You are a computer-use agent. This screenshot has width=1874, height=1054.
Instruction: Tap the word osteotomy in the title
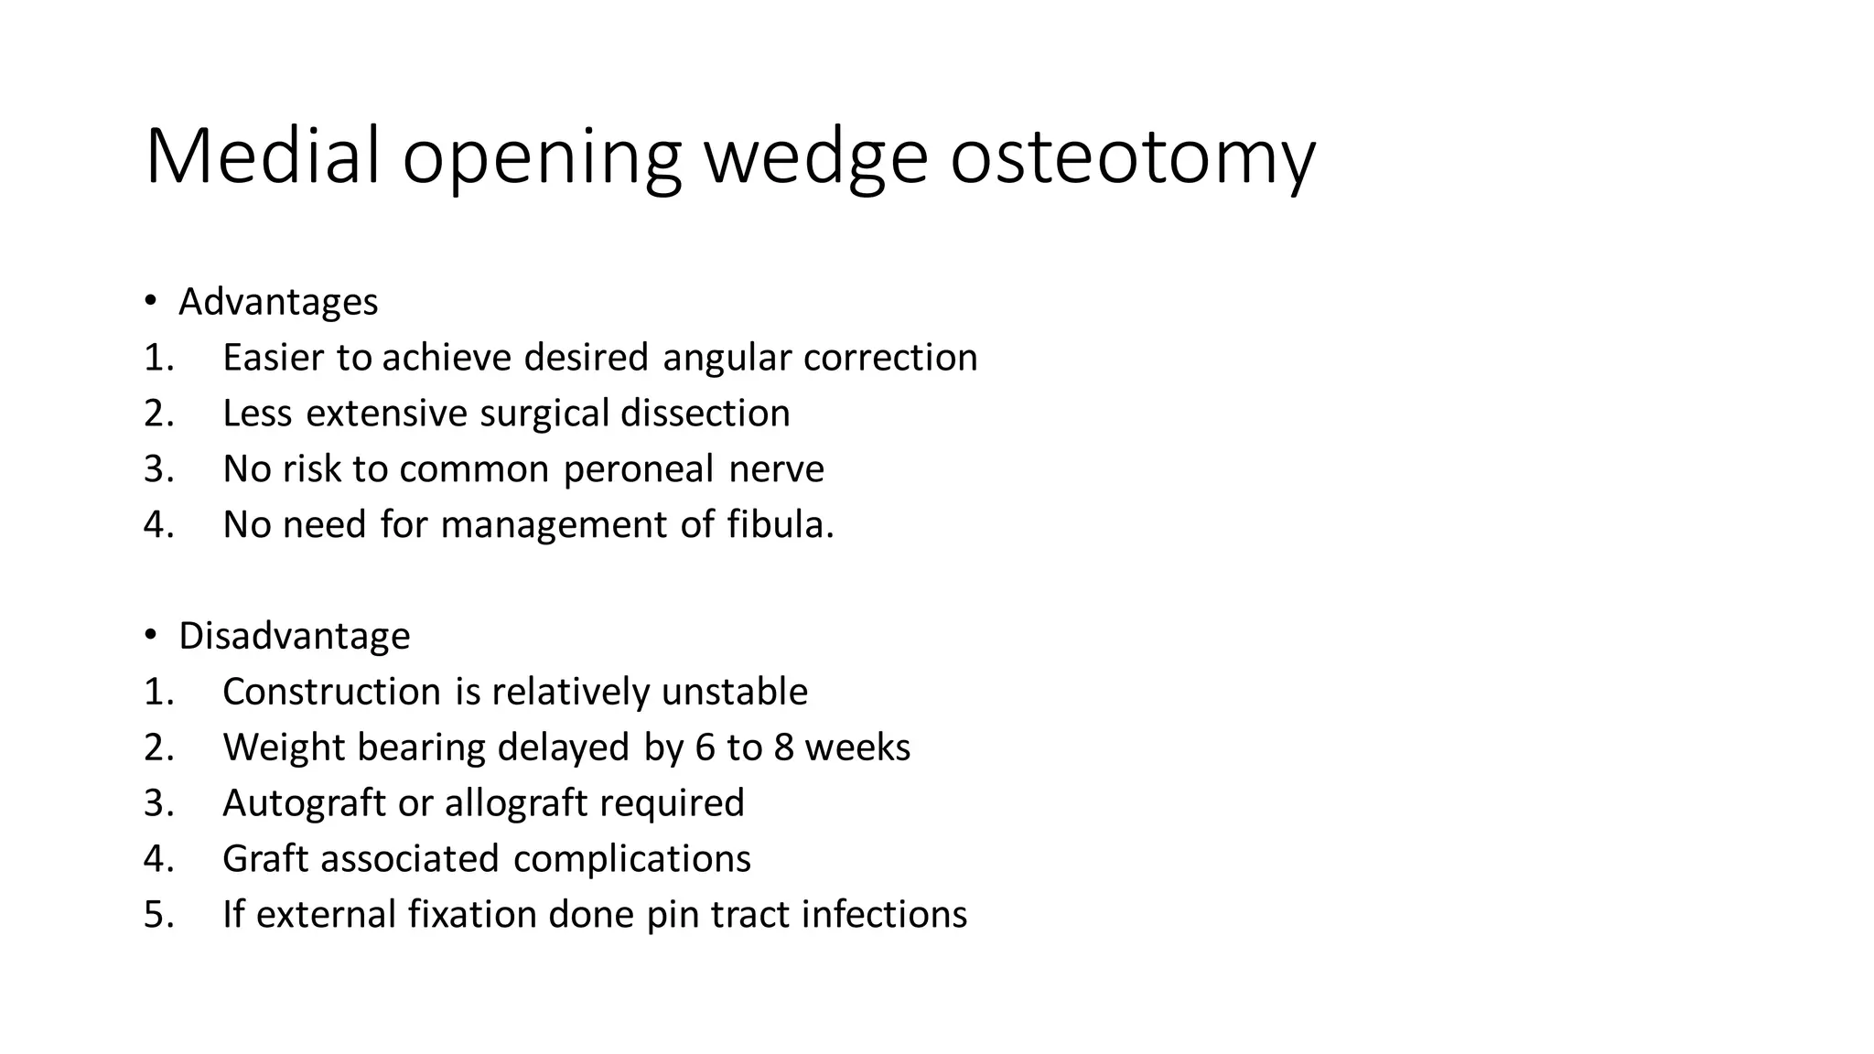click(x=1132, y=157)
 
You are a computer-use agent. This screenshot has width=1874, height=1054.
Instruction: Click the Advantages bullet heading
click(x=278, y=302)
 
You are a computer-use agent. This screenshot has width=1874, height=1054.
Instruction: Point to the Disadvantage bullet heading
click(x=294, y=636)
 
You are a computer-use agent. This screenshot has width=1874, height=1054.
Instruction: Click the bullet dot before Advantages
click(x=151, y=301)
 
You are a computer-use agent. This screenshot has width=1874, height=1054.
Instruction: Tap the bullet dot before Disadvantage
click(x=151, y=635)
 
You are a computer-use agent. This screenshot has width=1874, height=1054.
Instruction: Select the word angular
click(x=727, y=358)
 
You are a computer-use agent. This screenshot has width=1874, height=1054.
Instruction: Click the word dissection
click(x=705, y=414)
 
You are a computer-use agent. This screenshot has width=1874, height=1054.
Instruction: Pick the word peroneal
click(x=638, y=469)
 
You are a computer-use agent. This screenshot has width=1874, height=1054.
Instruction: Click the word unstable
click(x=734, y=692)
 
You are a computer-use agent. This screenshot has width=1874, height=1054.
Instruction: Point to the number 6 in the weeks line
click(x=705, y=747)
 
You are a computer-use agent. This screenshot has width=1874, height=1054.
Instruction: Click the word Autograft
click(x=304, y=803)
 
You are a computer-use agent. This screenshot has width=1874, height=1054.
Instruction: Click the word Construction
click(x=331, y=692)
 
